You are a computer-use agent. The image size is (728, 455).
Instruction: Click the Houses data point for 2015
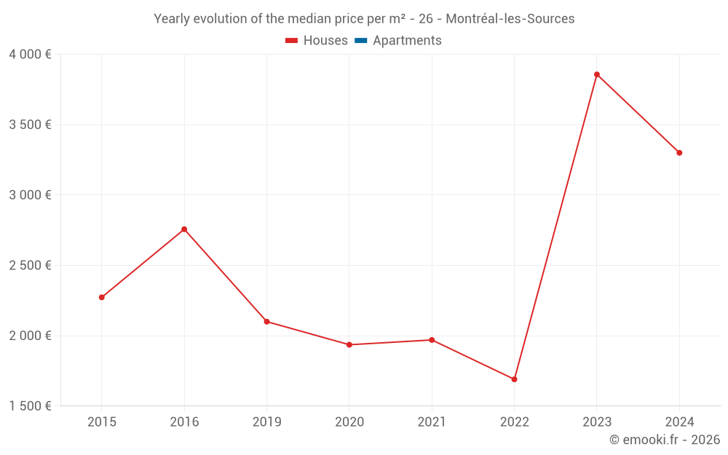point(102,297)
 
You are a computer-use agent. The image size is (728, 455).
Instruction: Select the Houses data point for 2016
point(184,229)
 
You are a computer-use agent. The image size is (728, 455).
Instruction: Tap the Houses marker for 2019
point(266,321)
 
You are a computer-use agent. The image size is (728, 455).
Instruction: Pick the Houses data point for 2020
point(349,344)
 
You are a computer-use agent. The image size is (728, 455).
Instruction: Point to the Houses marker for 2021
point(432,340)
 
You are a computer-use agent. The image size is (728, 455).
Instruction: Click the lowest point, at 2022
point(514,379)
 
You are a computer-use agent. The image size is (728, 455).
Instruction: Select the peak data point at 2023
point(597,74)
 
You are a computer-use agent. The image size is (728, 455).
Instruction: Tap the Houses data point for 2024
point(679,153)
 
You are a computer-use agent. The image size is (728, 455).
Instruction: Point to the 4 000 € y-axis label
point(30,55)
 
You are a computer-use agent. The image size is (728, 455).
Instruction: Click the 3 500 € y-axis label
point(30,124)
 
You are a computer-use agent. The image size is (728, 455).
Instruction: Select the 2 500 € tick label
point(30,265)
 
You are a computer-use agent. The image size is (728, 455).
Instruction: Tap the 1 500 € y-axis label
point(30,406)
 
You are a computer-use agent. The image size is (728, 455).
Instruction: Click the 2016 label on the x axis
point(184,422)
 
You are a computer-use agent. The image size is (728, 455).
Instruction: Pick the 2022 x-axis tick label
point(514,422)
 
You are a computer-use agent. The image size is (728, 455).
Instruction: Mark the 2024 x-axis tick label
point(679,422)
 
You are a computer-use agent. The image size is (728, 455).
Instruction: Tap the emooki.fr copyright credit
point(664,440)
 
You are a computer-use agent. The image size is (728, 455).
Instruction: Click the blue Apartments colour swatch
point(360,41)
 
